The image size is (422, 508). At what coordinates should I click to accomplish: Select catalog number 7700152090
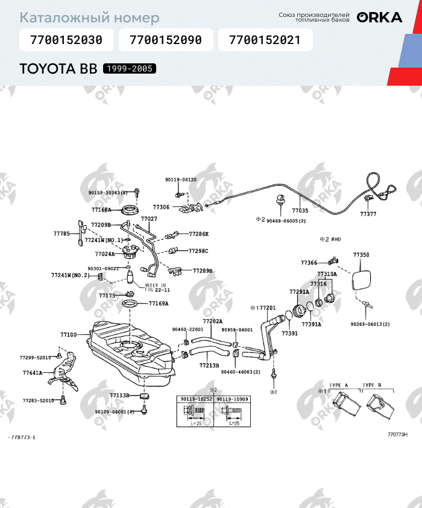coord(165,41)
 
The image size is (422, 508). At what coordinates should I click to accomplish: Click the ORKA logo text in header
coord(379,17)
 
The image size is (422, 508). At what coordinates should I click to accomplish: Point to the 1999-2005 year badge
coord(130,69)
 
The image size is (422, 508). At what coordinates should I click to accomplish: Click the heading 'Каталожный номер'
coord(90,18)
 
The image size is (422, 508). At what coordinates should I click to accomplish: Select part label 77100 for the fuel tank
coord(68,334)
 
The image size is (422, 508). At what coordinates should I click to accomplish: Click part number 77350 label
coord(361,255)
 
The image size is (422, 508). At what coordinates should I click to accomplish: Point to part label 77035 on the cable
coord(300,211)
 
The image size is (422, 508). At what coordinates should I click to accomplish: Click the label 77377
coord(368,214)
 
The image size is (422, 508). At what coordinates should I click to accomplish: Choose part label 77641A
coord(33,373)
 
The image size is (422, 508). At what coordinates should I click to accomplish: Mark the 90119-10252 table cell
coord(195,399)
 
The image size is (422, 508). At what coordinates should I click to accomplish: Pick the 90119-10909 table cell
coord(232,399)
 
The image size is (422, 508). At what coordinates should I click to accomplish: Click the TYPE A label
coord(339,385)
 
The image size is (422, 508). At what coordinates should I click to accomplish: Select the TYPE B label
coord(371,385)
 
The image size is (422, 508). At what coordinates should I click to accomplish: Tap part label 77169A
coord(159,303)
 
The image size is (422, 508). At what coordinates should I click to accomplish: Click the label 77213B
coord(209,365)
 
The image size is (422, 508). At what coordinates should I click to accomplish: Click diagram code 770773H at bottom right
coord(397,434)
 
